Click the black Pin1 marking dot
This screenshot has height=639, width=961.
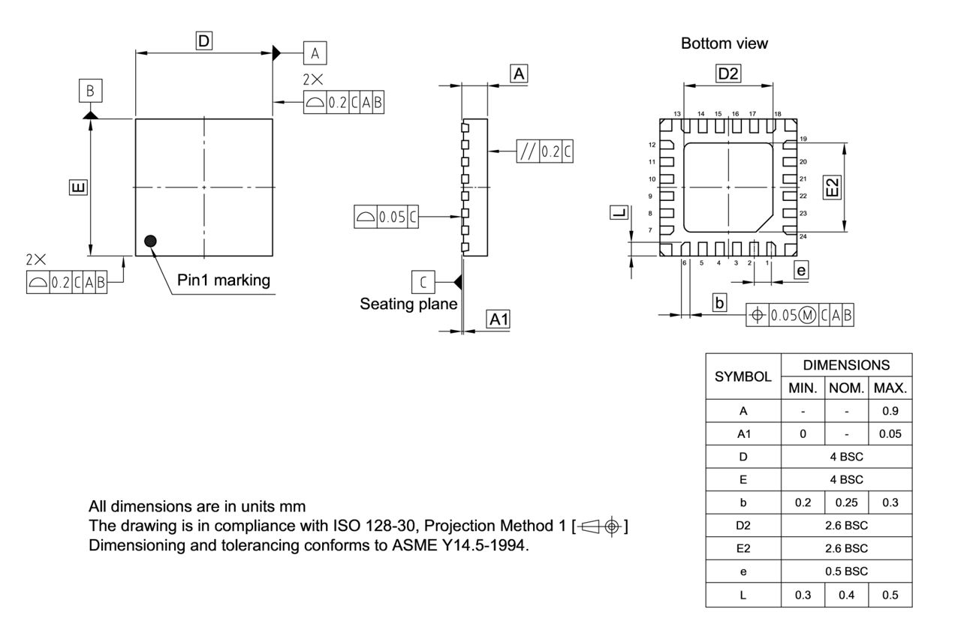coord(150,241)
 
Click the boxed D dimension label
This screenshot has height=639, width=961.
coord(203,40)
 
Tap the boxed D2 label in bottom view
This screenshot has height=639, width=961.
coord(728,73)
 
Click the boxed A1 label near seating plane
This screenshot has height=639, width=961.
coord(499,319)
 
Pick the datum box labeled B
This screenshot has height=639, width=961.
coord(90,91)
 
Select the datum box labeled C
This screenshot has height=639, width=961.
coord(423,282)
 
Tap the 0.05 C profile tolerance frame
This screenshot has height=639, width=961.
coord(386,217)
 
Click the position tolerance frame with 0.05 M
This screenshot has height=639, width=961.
coord(800,316)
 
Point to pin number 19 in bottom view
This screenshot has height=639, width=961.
coord(803,139)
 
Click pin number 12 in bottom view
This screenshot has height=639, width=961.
coord(652,144)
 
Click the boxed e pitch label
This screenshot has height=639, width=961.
coord(801,271)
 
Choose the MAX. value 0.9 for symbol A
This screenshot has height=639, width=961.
coord(890,411)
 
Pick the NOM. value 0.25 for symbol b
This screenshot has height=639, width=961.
coord(846,502)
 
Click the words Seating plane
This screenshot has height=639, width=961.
coord(408,304)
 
